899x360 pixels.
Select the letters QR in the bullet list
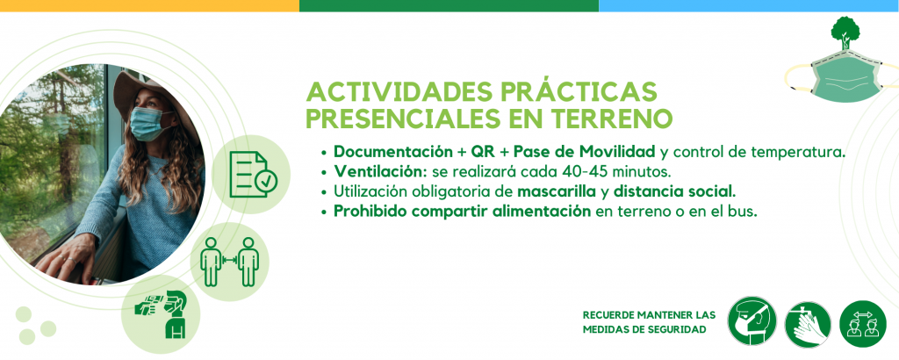click(x=483, y=153)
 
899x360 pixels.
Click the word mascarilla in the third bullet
click(x=557, y=191)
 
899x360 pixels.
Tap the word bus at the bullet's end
click(x=744, y=211)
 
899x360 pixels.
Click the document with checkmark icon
click(x=252, y=175)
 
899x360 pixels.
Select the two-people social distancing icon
click(x=229, y=262)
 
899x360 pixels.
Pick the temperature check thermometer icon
click(x=161, y=314)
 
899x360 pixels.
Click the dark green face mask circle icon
click(x=752, y=320)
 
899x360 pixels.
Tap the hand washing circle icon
click(x=808, y=325)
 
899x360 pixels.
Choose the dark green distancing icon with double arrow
click(x=863, y=324)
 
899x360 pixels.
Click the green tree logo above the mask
click(x=845, y=33)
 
